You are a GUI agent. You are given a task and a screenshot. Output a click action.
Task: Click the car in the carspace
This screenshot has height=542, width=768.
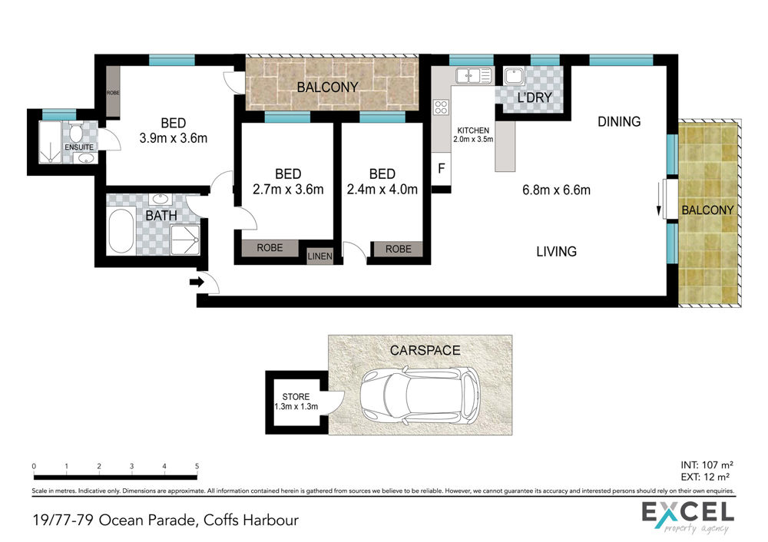click(x=420, y=395)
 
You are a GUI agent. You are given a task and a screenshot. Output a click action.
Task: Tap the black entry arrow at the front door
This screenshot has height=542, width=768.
click(x=197, y=282)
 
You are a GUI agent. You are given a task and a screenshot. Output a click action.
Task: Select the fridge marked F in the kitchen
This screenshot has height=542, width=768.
click(x=441, y=169)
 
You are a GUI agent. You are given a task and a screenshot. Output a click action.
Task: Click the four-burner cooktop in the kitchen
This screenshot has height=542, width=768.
click(x=441, y=107)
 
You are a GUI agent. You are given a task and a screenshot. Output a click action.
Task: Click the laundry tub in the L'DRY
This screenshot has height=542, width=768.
click(x=514, y=76)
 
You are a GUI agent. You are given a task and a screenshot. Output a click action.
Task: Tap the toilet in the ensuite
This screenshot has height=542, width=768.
click(x=75, y=132)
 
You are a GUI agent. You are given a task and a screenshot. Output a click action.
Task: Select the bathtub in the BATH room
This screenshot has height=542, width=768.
click(x=121, y=231)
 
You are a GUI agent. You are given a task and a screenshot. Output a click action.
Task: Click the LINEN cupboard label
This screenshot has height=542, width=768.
click(x=319, y=256)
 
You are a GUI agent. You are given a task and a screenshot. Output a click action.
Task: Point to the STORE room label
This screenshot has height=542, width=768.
click(x=296, y=397)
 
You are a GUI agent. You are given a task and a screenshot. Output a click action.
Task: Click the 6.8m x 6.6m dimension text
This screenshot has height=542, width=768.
click(x=556, y=190)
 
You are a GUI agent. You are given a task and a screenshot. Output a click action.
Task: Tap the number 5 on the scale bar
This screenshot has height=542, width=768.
click(x=197, y=466)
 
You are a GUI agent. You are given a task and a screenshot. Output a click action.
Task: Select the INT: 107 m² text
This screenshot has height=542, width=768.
click(x=707, y=465)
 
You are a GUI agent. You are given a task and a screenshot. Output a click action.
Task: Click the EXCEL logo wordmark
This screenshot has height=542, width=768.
click(x=688, y=513)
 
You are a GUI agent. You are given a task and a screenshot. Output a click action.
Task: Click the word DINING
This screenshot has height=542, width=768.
click(x=619, y=121)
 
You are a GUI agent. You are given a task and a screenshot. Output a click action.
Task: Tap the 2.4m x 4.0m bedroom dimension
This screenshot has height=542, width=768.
click(x=382, y=189)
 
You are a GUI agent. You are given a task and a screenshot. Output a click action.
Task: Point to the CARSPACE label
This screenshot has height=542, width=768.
click(x=425, y=351)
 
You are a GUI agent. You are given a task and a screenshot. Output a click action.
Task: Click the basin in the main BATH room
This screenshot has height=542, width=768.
click(x=160, y=199)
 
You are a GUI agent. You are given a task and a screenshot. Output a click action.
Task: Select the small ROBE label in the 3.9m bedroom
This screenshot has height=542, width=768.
click(x=113, y=93)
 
